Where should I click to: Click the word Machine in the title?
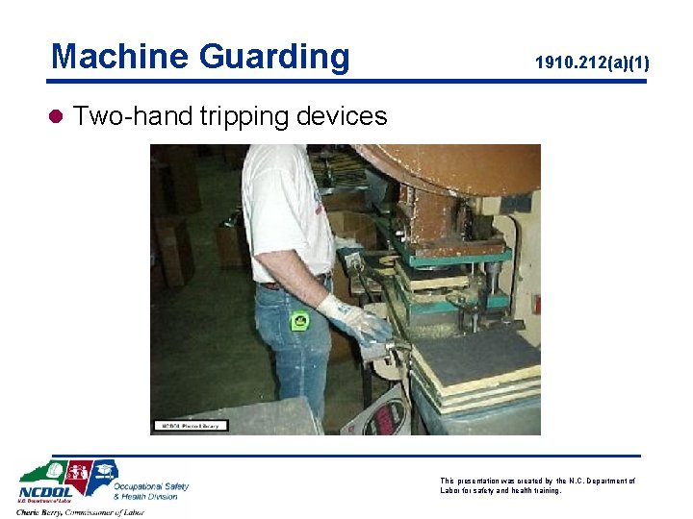coord(121,56)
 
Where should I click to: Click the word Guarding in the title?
coord(275,58)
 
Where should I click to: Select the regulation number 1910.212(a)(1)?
coord(592,63)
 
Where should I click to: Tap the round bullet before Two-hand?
coord(56,117)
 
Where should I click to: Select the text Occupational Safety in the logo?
coord(150,486)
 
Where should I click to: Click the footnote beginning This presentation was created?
coord(537,485)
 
